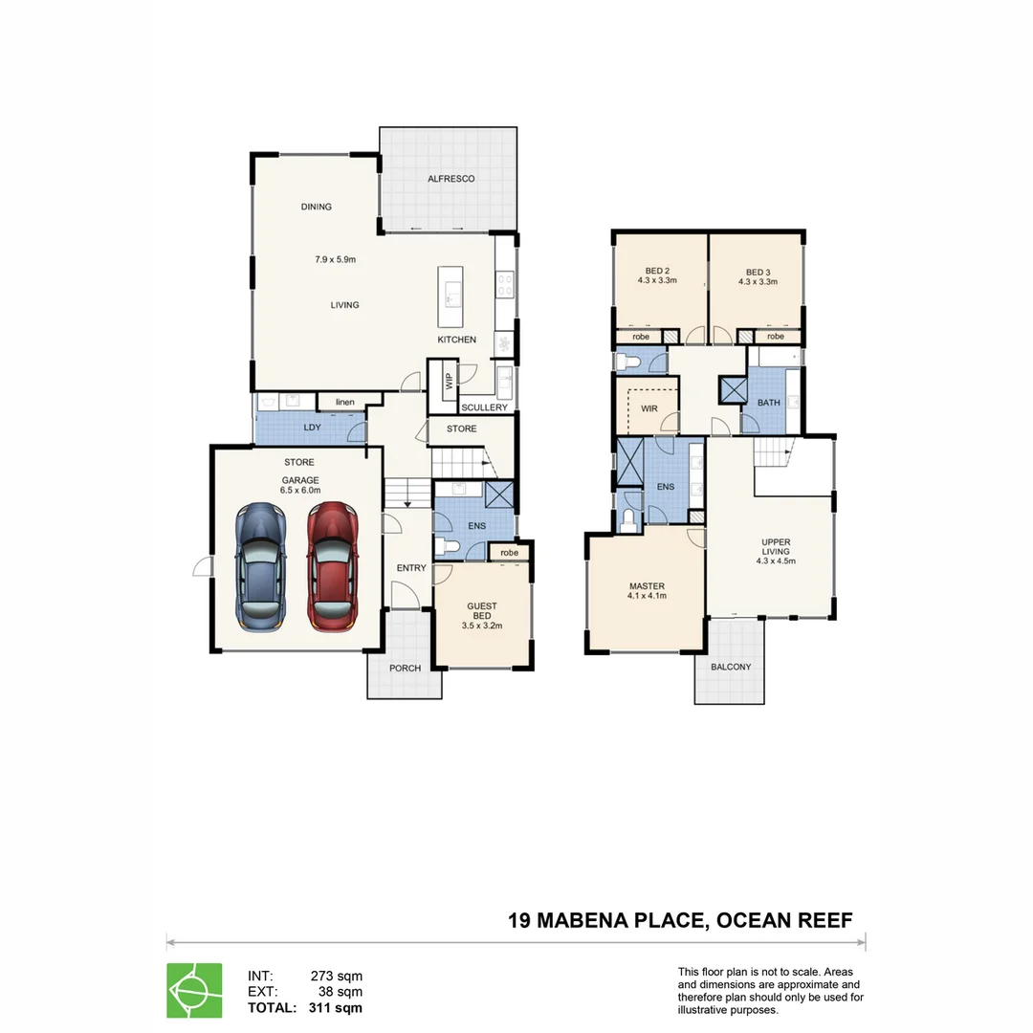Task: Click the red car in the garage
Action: [x=331, y=565]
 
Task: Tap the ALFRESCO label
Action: [x=451, y=179]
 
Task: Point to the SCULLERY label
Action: [x=484, y=407]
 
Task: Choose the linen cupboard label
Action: [x=344, y=403]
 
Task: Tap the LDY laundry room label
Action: [x=312, y=428]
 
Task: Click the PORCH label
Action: [x=406, y=668]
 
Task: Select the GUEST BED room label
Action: [x=481, y=611]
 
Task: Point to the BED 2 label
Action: [x=657, y=271]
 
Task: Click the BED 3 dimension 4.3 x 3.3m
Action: [x=758, y=282]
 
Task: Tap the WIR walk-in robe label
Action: [x=649, y=408]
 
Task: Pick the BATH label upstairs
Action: [x=769, y=403]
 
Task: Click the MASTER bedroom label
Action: [x=647, y=586]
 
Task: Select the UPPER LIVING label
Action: [x=776, y=546]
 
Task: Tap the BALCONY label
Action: [x=732, y=667]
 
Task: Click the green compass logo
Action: [x=194, y=990]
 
